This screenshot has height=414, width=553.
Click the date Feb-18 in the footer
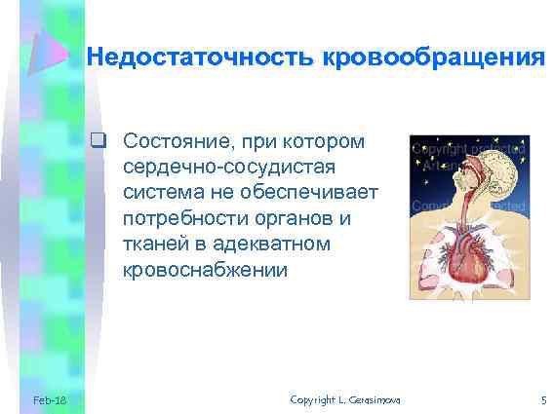49,400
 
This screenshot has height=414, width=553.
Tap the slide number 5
543,400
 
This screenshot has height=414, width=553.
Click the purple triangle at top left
45,54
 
